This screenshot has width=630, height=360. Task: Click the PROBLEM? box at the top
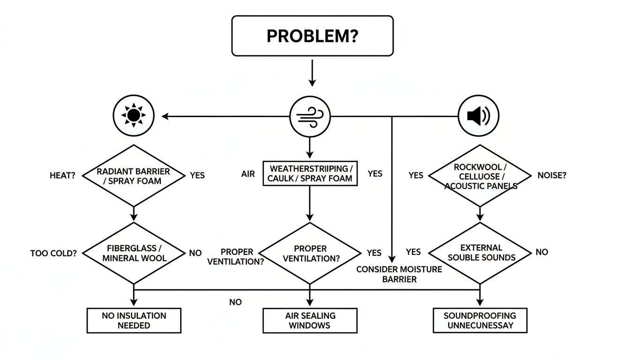coord(312,36)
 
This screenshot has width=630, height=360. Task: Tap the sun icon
coord(134,115)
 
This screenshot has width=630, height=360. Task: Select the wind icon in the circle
coord(310,116)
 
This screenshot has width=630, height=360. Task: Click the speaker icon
coord(478,116)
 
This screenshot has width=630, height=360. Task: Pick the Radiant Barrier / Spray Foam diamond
coord(134,175)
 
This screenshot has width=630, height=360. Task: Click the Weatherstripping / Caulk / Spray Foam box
coord(309,173)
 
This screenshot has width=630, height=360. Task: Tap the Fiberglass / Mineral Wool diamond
coord(134,253)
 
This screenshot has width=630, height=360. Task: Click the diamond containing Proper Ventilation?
coord(310,253)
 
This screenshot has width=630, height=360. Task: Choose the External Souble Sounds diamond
coord(481,253)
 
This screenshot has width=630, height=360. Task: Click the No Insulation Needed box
coord(134,320)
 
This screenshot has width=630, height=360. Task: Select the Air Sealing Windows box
coord(310,320)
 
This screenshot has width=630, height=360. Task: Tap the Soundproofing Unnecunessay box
coord(480,320)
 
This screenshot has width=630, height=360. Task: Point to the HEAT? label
coord(62,175)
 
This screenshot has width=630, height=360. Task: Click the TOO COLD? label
coord(52,253)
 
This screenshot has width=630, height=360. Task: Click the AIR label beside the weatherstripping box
coord(248,174)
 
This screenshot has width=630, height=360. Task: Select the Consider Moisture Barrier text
coord(399,274)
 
